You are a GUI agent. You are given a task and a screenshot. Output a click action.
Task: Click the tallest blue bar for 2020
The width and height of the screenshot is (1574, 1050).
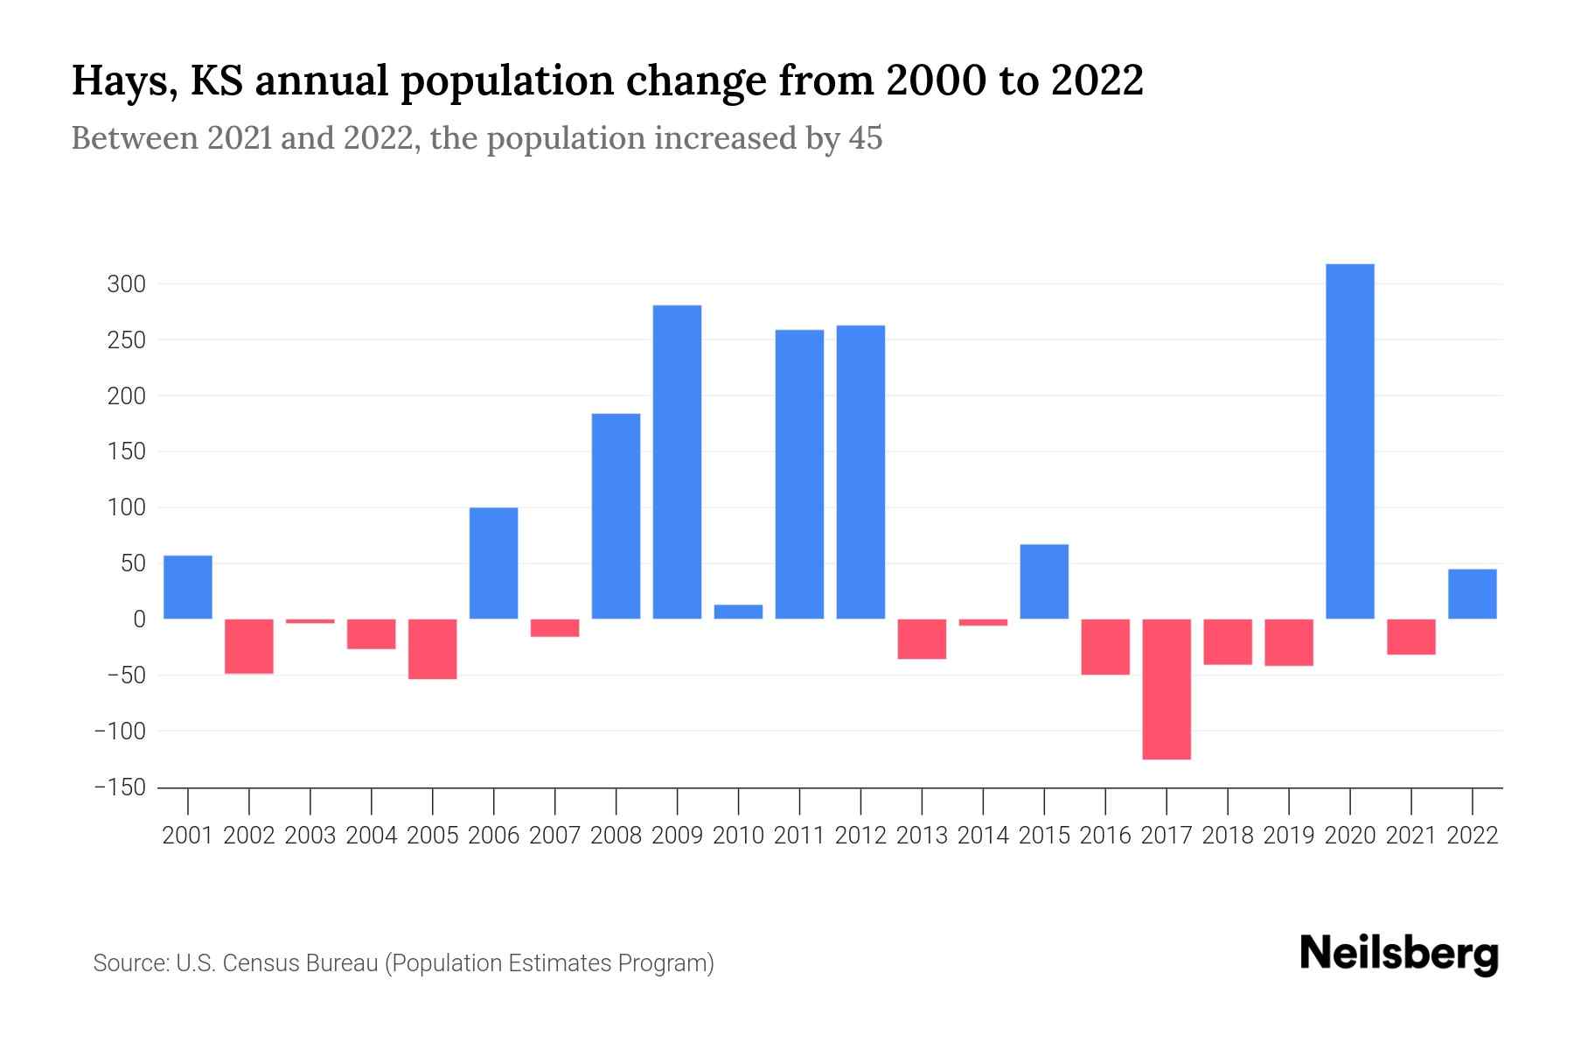pos(1349,441)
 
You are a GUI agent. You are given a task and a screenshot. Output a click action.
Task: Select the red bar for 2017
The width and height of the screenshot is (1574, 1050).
pos(1166,689)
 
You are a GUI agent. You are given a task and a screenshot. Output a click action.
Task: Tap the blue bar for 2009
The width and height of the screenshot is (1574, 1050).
pos(677,461)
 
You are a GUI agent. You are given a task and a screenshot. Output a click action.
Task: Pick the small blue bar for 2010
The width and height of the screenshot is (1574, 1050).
pos(738,612)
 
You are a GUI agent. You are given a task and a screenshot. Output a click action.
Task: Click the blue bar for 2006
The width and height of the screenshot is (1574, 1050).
pos(493,563)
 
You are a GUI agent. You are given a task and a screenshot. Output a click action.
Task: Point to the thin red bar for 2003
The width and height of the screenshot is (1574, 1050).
pos(310,621)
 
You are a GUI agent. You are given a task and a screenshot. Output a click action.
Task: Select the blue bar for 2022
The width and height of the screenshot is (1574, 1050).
pos(1472,594)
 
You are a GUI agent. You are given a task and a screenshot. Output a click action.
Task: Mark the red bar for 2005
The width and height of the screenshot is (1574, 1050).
pos(432,648)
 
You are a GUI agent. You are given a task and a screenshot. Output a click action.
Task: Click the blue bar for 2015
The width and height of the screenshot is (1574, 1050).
pos(1043,581)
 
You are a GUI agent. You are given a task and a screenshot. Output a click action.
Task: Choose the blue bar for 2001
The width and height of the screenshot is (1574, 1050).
pos(187,587)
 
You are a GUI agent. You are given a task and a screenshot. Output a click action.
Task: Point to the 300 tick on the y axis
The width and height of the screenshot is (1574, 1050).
pos(126,284)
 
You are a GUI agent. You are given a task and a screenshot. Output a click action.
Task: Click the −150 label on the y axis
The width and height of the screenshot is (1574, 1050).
pos(120,787)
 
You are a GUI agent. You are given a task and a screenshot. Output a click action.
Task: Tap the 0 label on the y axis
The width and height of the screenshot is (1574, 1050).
pos(138,619)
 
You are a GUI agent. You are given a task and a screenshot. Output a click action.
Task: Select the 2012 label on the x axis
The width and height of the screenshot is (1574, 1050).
pos(860,836)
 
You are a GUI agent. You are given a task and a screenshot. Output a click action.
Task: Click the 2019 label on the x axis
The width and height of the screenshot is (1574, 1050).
pos(1288,836)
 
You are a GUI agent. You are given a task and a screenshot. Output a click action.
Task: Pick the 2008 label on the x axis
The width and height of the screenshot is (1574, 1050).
pos(616,836)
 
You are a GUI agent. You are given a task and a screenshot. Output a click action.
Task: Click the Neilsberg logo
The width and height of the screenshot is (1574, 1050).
pos(1398,954)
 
